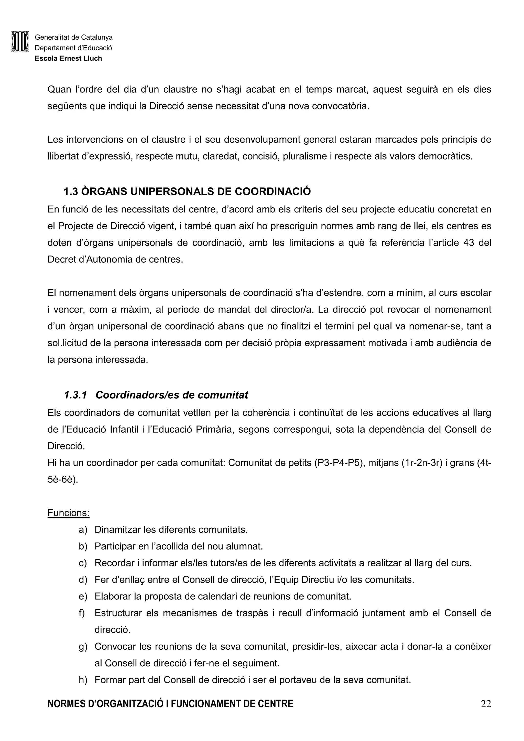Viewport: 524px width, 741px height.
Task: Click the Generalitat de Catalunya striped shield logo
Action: pyautogui.click(x=20, y=41)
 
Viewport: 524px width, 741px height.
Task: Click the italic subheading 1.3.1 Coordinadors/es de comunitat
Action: pyautogui.click(x=156, y=395)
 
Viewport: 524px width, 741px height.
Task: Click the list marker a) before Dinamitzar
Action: pyautogui.click(x=83, y=530)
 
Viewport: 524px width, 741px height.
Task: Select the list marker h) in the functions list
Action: pyautogui.click(x=83, y=680)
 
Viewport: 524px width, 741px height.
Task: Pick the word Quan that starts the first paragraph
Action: pyautogui.click(x=59, y=89)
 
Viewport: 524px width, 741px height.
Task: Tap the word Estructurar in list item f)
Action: pyautogui.click(x=118, y=613)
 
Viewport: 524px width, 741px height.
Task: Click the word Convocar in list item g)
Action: pyautogui.click(x=115, y=646)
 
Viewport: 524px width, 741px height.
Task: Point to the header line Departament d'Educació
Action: pyautogui.click(x=73, y=48)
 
